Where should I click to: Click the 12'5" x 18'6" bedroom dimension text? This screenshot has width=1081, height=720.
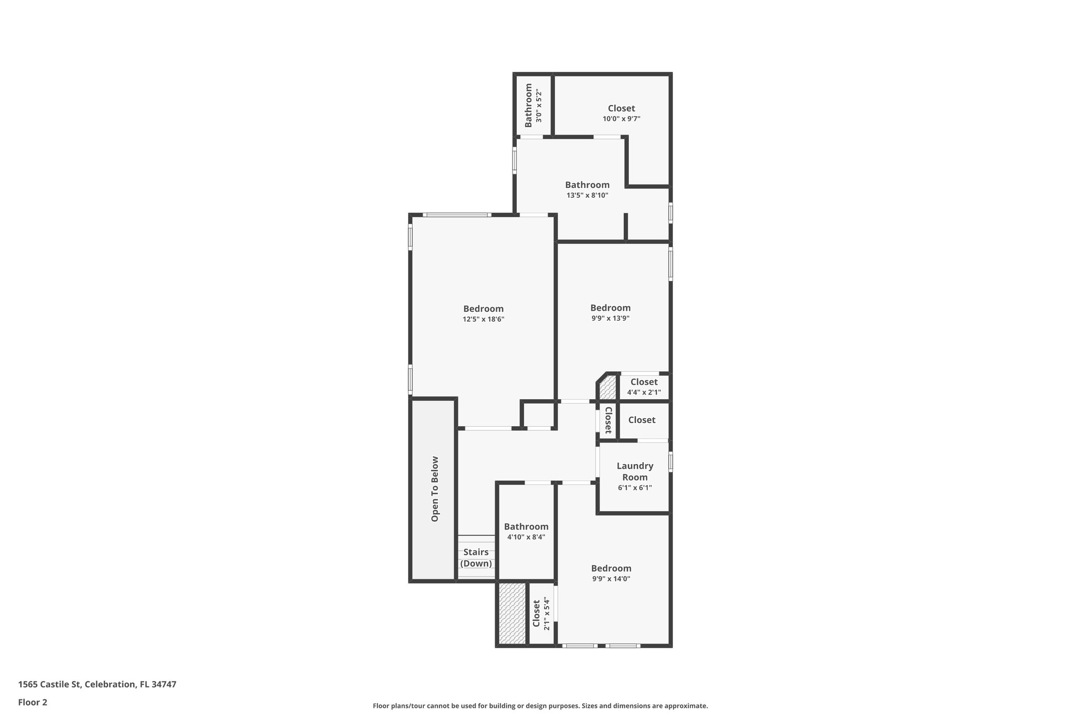pos(483,319)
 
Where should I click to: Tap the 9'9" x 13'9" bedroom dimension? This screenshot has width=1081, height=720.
pos(610,318)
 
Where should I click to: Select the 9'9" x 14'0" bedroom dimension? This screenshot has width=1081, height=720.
pos(611,579)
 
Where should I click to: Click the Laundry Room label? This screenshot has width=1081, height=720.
pos(635,472)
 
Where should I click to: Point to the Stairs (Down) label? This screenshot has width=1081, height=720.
pos(476,558)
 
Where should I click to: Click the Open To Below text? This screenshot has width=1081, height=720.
pos(435,489)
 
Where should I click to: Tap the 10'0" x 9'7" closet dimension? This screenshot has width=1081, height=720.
pos(621,119)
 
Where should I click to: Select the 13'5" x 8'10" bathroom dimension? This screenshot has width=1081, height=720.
pos(587,195)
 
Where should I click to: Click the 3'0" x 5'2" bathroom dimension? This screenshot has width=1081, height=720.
pos(539,107)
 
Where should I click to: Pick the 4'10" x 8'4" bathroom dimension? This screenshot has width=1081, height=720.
pos(526,537)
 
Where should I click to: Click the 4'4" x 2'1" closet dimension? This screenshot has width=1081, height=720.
pos(644,392)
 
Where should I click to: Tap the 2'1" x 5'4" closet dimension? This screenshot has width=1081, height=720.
pos(547,614)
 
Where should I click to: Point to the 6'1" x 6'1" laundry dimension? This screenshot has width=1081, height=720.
pos(635,488)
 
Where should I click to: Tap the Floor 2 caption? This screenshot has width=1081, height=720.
pos(33,702)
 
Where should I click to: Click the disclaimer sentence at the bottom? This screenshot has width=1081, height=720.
pos(540,706)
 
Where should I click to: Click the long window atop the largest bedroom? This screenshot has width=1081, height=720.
pos(457,215)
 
